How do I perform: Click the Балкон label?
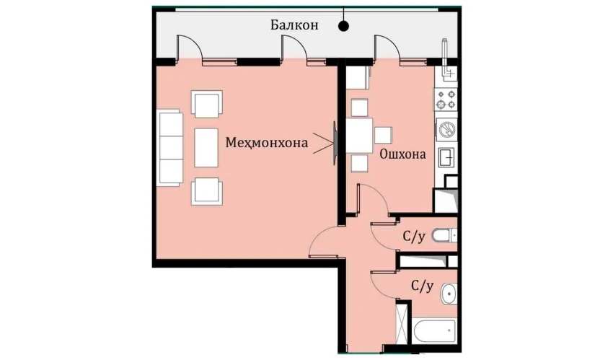click(x=294, y=25)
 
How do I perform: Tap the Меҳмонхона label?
click(x=267, y=142)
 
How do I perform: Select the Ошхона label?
click(x=402, y=154)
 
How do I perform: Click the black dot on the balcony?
click(x=343, y=26)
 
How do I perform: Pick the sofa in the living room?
click(x=170, y=148)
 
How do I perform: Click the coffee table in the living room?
click(x=206, y=148)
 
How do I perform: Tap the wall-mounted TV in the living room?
click(x=335, y=143)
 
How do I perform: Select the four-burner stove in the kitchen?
click(x=446, y=100)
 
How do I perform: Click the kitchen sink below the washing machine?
click(x=446, y=157)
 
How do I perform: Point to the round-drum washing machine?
click(x=446, y=129)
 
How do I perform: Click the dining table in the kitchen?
click(x=360, y=136)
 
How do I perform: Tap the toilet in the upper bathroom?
click(x=444, y=235)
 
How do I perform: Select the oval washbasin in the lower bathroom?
click(x=449, y=294)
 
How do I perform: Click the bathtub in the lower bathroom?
click(x=434, y=330)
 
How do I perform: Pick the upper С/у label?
click(x=414, y=237)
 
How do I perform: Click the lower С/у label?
click(x=422, y=286)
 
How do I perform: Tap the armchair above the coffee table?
click(x=207, y=104)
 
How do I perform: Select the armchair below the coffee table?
click(x=207, y=191)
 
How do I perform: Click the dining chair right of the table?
click(x=383, y=135)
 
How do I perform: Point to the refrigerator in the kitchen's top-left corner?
click(x=358, y=77)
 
